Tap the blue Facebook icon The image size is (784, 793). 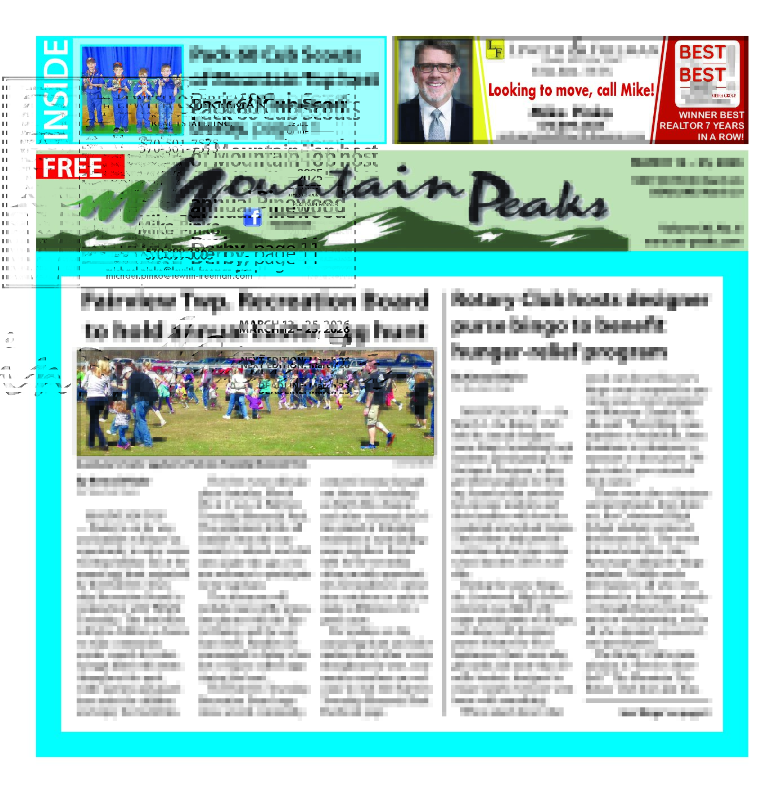[x=253, y=217]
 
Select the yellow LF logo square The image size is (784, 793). [x=495, y=50]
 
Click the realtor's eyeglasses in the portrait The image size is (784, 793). [x=435, y=68]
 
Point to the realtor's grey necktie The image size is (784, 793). [x=436, y=125]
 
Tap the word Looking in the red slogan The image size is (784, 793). [x=512, y=91]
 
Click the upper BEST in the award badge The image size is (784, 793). [x=702, y=52]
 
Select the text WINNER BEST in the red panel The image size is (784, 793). [x=711, y=115]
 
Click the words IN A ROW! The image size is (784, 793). [x=720, y=137]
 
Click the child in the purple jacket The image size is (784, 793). [x=255, y=401]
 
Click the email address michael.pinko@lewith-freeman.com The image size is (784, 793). [x=179, y=276]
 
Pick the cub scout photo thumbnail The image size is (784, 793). [x=132, y=90]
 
